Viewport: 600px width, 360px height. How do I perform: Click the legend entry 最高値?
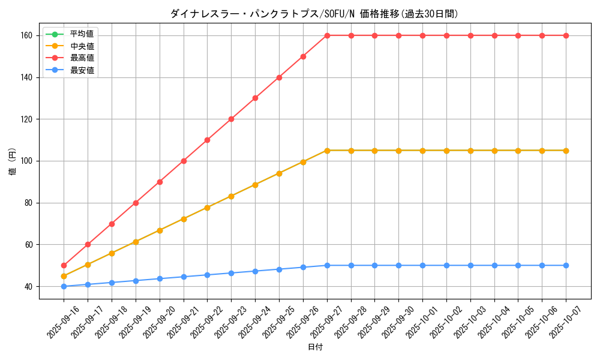coord(82,58)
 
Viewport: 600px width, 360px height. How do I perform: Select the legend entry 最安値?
coord(82,70)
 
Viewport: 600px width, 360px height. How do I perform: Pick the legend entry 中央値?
coord(82,46)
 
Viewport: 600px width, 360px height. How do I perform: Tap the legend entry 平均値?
coord(82,34)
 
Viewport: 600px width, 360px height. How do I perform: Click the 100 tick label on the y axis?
coord(28,161)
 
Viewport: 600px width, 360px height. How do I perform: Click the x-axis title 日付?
coord(315,347)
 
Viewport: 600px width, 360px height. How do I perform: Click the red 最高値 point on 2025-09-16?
coord(64,265)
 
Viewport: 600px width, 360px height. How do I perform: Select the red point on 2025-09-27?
coord(327,35)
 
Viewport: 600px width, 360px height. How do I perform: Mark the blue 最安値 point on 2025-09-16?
coord(64,286)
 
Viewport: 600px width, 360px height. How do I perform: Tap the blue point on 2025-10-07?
coord(566,265)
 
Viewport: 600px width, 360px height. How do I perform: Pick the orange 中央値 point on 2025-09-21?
coord(184,219)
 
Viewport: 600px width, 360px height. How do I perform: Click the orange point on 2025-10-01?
coord(422,151)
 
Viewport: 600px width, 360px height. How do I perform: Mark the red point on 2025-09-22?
coord(207,140)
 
